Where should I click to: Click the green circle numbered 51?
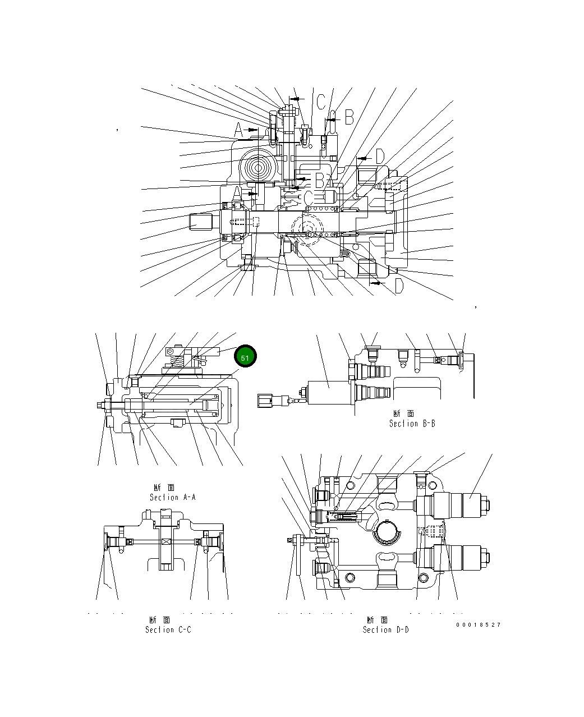point(245,357)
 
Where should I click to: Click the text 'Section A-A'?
point(172,497)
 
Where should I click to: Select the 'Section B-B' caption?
point(412,424)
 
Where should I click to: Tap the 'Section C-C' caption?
point(168,629)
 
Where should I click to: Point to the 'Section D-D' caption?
point(385,629)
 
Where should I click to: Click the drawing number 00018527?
point(478,624)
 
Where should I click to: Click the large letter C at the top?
point(320,102)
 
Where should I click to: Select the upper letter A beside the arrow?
point(239,131)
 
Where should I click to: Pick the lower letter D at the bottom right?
point(398,287)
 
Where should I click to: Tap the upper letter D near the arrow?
point(379,157)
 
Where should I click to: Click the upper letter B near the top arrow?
point(348,117)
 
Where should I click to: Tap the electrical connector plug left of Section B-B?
point(267,401)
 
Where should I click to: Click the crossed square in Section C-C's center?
point(166,541)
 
